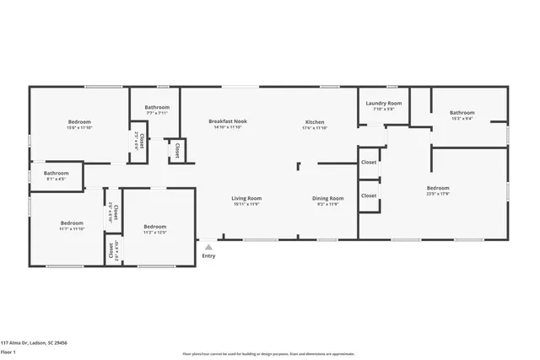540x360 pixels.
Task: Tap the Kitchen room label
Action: (x=315, y=121)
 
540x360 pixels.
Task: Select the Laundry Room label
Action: (x=383, y=104)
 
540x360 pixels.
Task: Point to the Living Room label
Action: (x=246, y=198)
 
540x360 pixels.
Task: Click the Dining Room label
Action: (x=330, y=198)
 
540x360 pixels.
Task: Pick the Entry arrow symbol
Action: (x=208, y=247)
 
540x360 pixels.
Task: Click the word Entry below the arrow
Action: (x=208, y=256)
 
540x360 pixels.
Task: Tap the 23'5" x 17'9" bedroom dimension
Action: (x=438, y=194)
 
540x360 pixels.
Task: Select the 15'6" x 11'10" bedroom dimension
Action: (x=80, y=127)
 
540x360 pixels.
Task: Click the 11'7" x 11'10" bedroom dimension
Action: (x=72, y=228)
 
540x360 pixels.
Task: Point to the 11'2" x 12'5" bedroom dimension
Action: (x=154, y=232)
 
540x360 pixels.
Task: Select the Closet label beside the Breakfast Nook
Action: (x=177, y=150)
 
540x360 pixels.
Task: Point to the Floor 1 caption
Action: (x=9, y=352)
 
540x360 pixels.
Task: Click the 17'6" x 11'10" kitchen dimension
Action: (x=315, y=127)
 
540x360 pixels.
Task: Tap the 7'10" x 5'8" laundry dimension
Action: (x=383, y=109)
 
